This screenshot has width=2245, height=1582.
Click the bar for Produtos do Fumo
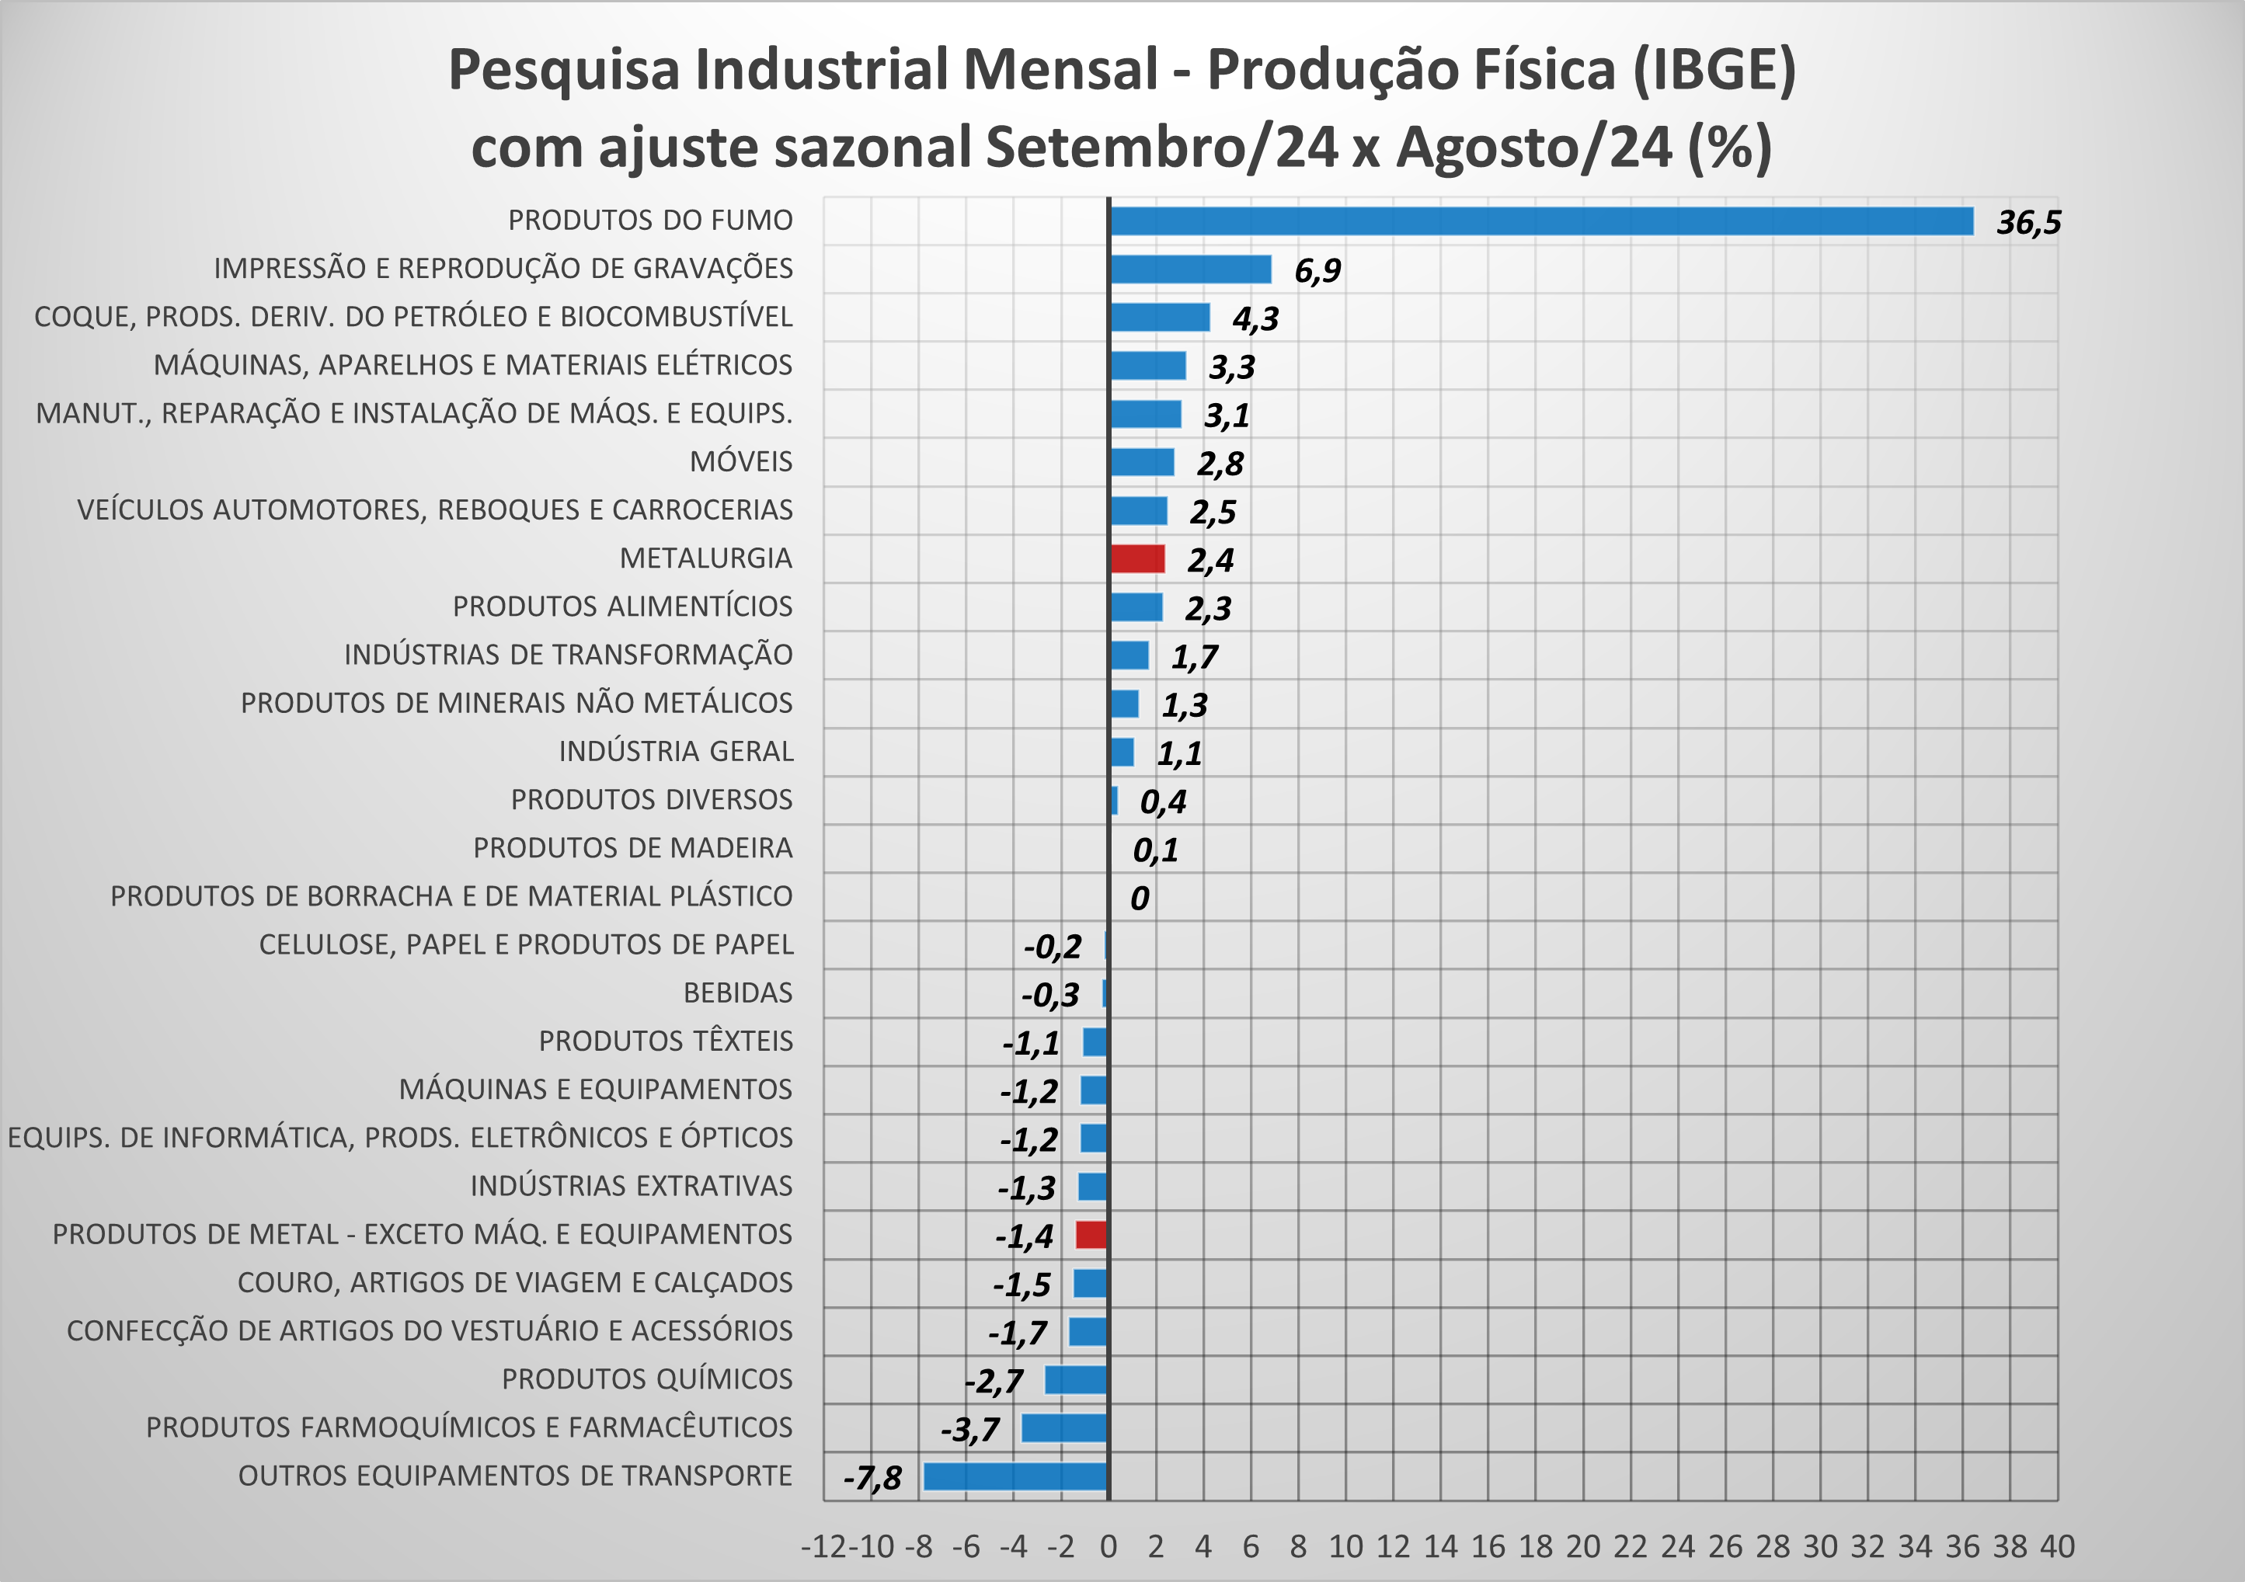(x=1541, y=221)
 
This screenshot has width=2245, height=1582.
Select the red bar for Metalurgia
(x=1137, y=559)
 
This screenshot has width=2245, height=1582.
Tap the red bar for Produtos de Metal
(x=1091, y=1235)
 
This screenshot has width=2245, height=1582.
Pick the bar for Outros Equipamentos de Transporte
(x=1016, y=1476)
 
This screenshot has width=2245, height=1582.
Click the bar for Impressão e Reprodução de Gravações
(x=1190, y=269)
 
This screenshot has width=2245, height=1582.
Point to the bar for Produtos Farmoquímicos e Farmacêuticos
(x=1063, y=1428)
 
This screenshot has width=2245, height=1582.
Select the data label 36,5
(x=2028, y=223)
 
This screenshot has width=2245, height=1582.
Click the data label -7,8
(x=872, y=1477)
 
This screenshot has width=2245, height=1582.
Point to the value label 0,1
(x=1155, y=850)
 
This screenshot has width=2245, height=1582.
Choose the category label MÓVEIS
(x=740, y=461)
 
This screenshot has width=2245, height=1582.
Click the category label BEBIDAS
(x=737, y=993)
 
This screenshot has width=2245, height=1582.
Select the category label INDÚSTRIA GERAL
(x=676, y=752)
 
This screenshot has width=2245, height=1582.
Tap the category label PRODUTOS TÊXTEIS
(x=665, y=1041)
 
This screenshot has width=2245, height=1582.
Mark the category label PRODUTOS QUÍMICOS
(x=646, y=1379)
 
